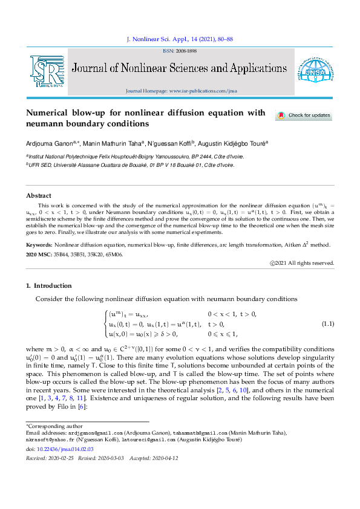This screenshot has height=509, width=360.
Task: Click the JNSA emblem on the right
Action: click(x=312, y=72)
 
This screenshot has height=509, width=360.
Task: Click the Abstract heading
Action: click(x=38, y=195)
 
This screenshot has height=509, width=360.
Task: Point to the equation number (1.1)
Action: click(x=328, y=323)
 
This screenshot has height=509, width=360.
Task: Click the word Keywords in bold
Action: click(x=39, y=245)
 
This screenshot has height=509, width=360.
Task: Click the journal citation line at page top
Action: click(x=180, y=39)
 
